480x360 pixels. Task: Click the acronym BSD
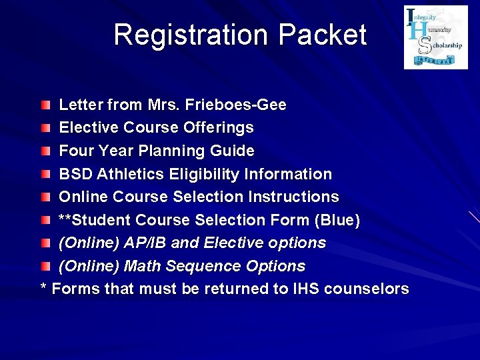(76, 174)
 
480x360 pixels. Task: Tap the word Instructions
(293, 197)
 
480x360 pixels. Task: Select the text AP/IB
(145, 243)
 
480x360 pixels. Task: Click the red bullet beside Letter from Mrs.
(45, 105)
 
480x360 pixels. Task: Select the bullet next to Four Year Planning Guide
(45, 151)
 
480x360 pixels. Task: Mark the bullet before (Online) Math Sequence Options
(45, 266)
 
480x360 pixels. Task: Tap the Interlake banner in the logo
(435, 60)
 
